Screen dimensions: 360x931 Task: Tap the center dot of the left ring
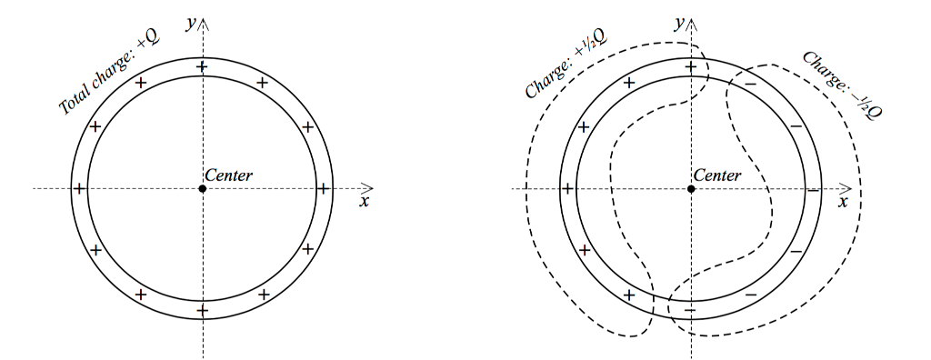pos(202,188)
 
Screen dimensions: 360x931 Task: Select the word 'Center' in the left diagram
pos(228,175)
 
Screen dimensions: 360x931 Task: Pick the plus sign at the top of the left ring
pos(202,67)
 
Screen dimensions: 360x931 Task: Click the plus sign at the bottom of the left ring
pos(202,310)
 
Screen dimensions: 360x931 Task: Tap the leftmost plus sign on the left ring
pos(80,189)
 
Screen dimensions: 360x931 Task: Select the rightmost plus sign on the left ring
pos(323,189)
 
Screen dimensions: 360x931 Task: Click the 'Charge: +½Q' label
pos(566,63)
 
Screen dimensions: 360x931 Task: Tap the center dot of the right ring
pos(691,188)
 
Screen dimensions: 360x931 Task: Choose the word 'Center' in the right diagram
pos(717,175)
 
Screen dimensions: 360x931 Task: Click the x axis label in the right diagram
pos(842,202)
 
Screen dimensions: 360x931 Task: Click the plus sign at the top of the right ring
pos(691,67)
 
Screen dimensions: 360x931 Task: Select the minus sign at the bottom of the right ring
pos(690,311)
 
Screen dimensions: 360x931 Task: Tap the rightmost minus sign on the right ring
pos(812,189)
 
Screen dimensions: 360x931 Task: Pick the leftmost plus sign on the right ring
pos(569,189)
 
